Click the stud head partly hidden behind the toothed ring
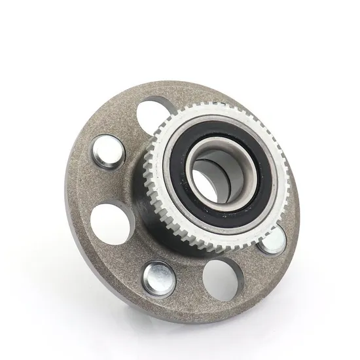click(271, 240)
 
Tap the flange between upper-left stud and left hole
click(92, 187)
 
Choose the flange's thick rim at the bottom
click(177, 313)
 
